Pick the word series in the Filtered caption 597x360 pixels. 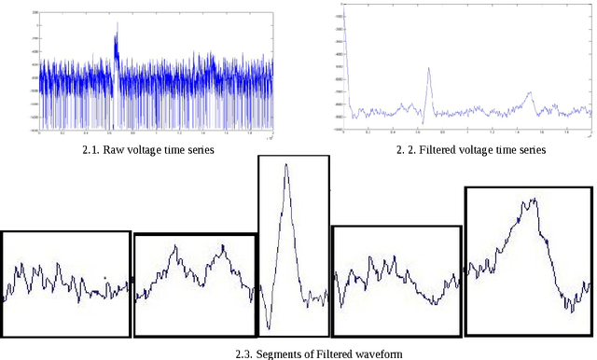[x=530, y=149]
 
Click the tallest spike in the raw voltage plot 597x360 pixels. [x=117, y=28]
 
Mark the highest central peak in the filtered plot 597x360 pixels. [x=428, y=68]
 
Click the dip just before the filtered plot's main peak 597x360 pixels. [x=421, y=122]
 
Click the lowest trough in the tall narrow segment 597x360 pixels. [x=269, y=328]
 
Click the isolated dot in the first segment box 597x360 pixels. [x=105, y=277]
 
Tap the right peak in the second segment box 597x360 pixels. [x=223, y=246]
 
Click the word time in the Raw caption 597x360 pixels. [x=185, y=149]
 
